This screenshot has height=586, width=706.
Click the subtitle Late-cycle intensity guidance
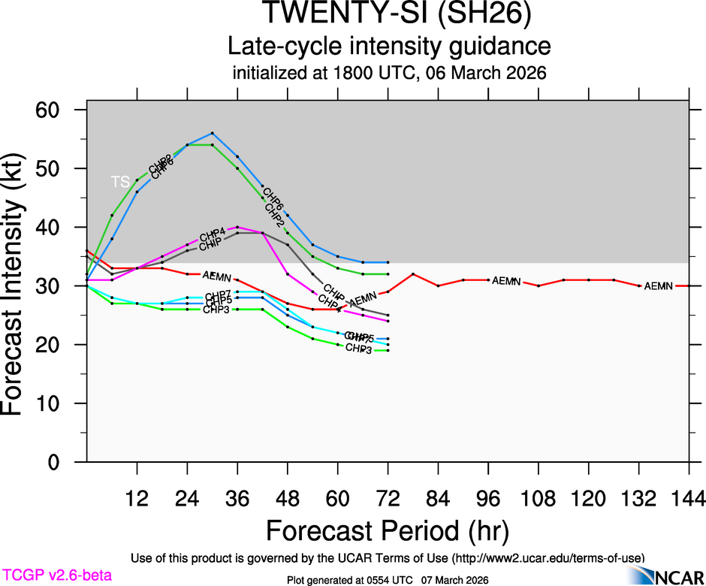click(x=390, y=46)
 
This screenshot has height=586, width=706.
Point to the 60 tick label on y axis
click(x=61, y=110)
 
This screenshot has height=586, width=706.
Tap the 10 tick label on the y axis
click(x=61, y=403)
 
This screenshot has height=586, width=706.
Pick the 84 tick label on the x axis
click(x=438, y=498)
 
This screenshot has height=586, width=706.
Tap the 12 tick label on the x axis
click(x=137, y=498)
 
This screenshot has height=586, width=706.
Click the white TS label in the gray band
click(x=120, y=182)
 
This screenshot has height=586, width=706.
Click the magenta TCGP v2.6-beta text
click(x=56, y=575)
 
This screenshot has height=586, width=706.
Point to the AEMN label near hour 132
click(x=659, y=286)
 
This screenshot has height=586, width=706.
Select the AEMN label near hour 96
click(x=506, y=281)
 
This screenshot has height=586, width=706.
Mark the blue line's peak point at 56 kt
click(x=213, y=133)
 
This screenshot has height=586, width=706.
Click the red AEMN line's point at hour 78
click(x=413, y=274)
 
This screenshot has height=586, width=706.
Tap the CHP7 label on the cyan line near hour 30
click(x=219, y=295)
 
